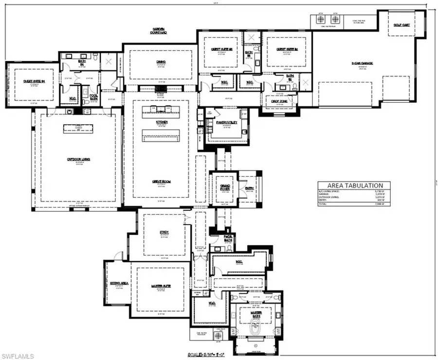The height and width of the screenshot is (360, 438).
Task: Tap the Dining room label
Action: pyautogui.click(x=161, y=62)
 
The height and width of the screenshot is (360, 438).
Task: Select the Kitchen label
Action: pyautogui.click(x=162, y=122)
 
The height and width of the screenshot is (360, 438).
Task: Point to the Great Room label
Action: pyautogui.click(x=161, y=182)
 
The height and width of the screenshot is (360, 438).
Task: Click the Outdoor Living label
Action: pyautogui.click(x=78, y=159)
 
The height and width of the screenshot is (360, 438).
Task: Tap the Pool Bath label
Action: pyautogui.click(x=93, y=96)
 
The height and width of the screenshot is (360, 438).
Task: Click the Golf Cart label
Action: pyautogui.click(x=402, y=24)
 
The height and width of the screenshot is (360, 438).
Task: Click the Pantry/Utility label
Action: pyautogui.click(x=226, y=122)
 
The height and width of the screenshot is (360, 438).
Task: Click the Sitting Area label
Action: pyautogui.click(x=118, y=283)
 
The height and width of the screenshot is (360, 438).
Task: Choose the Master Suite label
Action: pyautogui.click(x=162, y=286)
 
